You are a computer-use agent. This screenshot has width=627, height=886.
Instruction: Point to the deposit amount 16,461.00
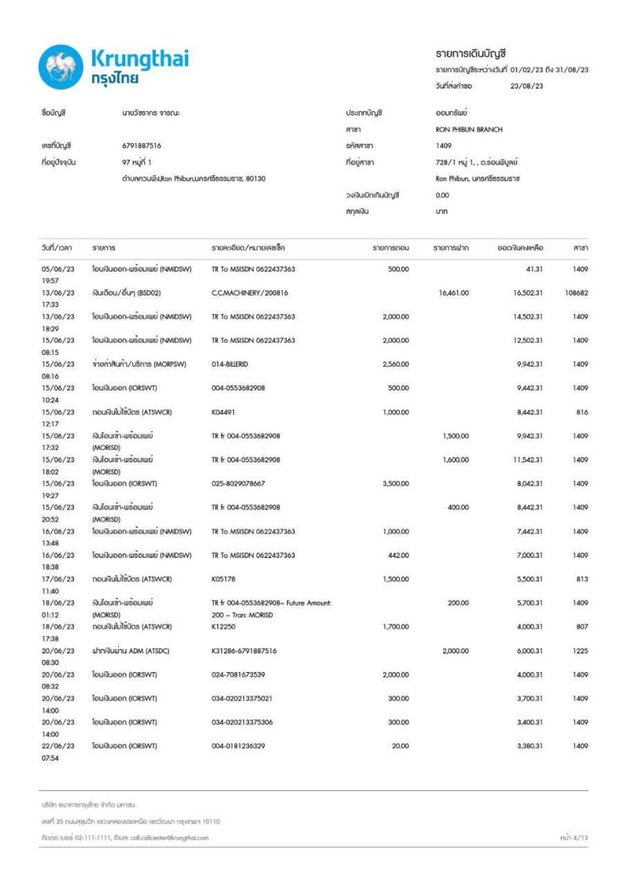pos(454,293)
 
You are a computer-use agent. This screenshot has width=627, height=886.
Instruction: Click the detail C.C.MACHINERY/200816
pos(250,293)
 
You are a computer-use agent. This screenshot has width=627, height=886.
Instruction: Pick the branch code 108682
pos(576,293)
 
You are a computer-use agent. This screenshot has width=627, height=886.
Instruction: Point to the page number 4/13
pos(574,838)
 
